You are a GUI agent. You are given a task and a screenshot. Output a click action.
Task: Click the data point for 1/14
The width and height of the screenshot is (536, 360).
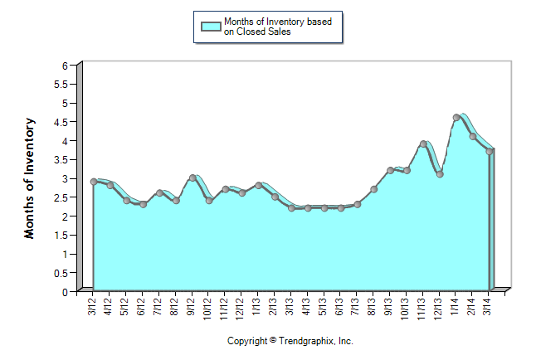(456, 118)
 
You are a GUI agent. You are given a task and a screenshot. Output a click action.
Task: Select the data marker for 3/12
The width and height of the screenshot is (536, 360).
(93, 182)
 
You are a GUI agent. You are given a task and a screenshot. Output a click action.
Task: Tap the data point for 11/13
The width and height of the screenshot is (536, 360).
(423, 144)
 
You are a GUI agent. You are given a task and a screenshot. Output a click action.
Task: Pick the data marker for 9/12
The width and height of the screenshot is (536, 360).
(192, 178)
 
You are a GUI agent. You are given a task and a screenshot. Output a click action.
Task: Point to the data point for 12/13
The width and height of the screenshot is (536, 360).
(440, 174)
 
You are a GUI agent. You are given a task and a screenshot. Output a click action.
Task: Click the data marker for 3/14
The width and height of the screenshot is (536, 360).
(490, 151)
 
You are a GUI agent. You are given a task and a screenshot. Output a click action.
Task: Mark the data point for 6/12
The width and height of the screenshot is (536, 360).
(143, 204)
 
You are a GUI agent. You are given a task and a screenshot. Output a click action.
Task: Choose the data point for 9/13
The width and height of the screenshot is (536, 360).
(390, 170)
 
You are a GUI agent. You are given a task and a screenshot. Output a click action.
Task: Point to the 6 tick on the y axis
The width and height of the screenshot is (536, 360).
(65, 66)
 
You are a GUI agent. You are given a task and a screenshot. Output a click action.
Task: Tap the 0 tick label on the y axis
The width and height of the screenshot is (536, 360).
(65, 292)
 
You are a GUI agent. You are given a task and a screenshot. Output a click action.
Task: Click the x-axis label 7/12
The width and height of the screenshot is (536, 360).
(158, 304)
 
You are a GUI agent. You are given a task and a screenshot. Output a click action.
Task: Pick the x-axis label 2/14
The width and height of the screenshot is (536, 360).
(472, 304)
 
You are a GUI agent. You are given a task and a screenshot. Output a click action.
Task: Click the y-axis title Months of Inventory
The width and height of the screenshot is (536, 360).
(30, 178)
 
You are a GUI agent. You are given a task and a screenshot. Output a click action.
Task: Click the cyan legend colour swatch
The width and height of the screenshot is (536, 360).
(211, 26)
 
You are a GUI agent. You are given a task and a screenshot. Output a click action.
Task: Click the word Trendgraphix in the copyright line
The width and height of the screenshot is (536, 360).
(305, 341)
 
